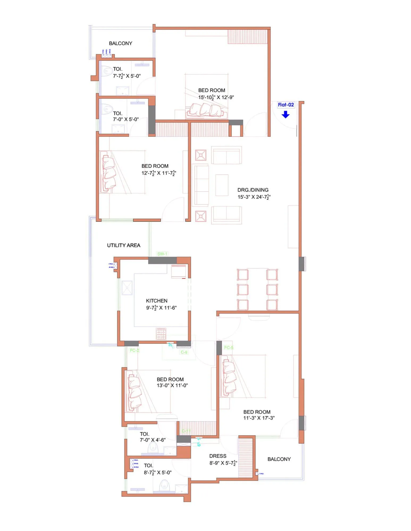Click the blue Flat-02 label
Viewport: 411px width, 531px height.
pyautogui.click(x=286, y=105)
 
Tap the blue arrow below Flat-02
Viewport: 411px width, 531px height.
pyautogui.click(x=285, y=114)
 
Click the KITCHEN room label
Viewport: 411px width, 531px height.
pyautogui.click(x=157, y=301)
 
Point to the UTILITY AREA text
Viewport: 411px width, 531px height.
pyautogui.click(x=124, y=245)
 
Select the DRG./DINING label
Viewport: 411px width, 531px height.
pyautogui.click(x=253, y=190)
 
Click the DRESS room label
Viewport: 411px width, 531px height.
pyautogui.click(x=218, y=456)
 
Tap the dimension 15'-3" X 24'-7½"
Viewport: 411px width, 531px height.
pyautogui.click(x=254, y=197)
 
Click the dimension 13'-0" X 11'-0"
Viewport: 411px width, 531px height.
pyautogui.click(x=172, y=385)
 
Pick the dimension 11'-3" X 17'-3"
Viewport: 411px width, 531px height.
pyautogui.click(x=259, y=418)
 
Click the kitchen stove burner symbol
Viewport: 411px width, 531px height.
pyautogui.click(x=161, y=334)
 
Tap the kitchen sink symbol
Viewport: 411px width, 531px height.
pyautogui.click(x=127, y=288)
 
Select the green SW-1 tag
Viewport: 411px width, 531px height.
pyautogui.click(x=162, y=254)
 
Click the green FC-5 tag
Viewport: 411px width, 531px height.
pyautogui.click(x=228, y=347)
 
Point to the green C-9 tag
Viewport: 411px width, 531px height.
pyautogui.click(x=184, y=352)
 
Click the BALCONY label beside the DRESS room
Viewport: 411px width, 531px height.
pyautogui.click(x=279, y=459)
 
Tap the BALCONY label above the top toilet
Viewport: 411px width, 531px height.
pyautogui.click(x=120, y=43)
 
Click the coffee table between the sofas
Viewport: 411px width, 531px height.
pyautogui.click(x=222, y=185)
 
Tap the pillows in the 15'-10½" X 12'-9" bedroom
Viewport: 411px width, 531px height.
pyautogui.click(x=206, y=110)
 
